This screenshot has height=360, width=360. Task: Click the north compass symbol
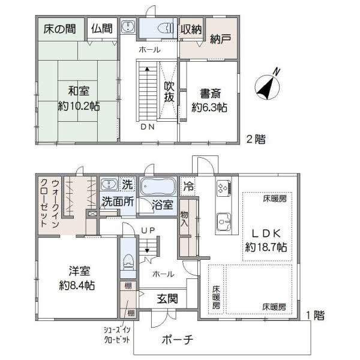[268, 87]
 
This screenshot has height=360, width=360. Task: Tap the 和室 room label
[79, 91]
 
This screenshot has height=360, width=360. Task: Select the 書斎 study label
[211, 93]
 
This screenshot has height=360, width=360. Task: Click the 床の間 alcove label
[59, 29]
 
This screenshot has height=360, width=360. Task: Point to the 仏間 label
[102, 29]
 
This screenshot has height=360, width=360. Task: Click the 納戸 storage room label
[220, 38]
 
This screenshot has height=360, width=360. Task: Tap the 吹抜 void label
[169, 92]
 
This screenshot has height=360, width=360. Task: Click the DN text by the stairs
[148, 127]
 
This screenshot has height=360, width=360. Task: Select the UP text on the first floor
[148, 230]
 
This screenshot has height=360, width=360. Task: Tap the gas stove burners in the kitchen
[224, 188]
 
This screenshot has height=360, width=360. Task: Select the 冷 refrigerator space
[188, 186]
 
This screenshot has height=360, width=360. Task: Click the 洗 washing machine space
[128, 184]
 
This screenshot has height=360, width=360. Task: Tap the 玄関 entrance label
[167, 299]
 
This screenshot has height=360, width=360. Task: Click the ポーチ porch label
[177, 340]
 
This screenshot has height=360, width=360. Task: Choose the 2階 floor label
[256, 139]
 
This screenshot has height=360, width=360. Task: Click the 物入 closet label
[184, 219]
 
